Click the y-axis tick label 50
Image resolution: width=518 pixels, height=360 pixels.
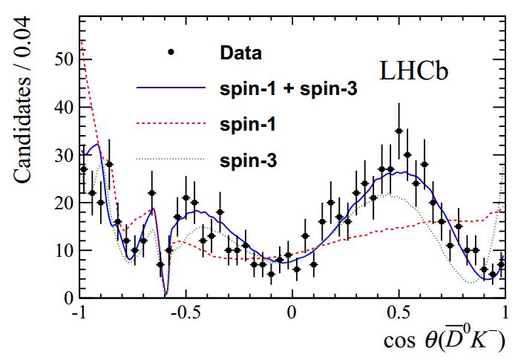point(64,59)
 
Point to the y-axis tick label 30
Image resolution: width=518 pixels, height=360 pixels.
point(64,155)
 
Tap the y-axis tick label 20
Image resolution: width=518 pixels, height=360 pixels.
point(64,203)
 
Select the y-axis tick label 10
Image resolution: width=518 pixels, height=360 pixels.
point(64,250)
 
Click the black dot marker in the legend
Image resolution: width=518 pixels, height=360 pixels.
point(171,52)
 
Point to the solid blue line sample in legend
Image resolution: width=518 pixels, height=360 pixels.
point(171,88)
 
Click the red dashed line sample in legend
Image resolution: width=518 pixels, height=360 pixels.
point(171,124)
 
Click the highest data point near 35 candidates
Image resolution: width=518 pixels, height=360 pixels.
point(399,131)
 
